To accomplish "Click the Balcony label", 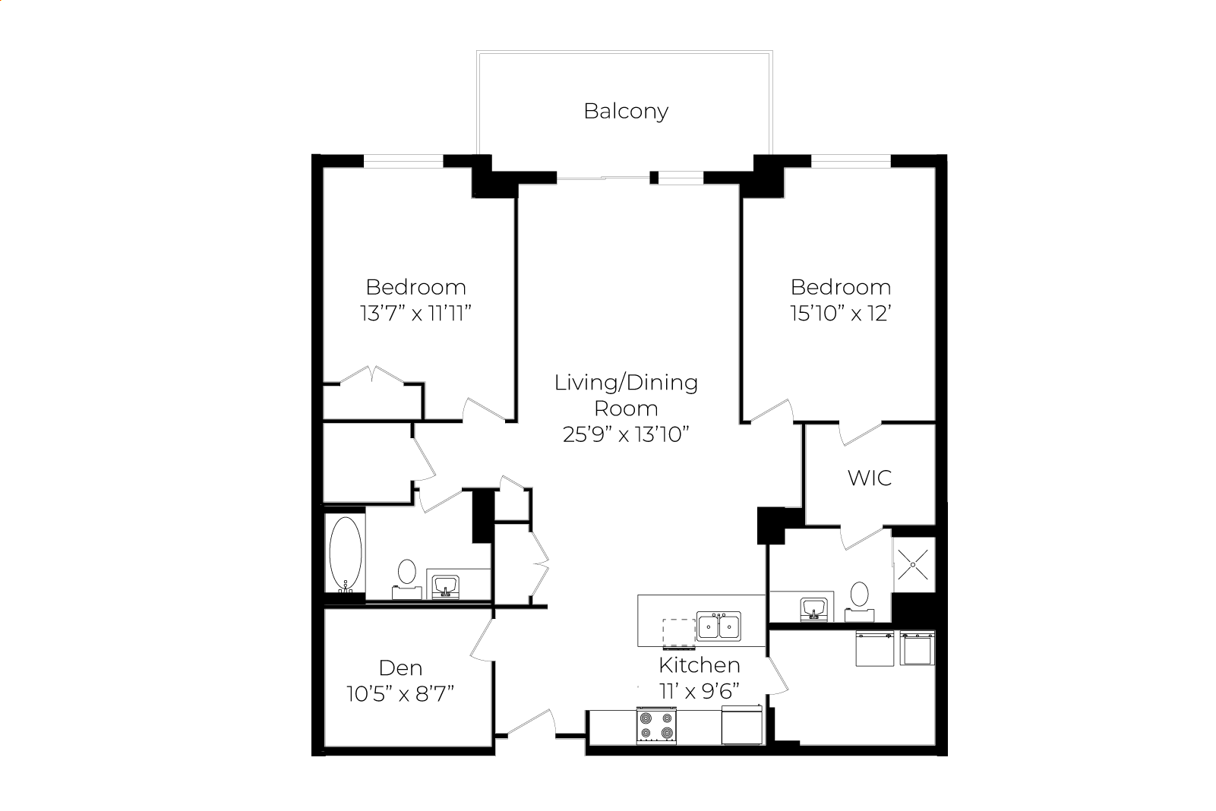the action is [626, 112].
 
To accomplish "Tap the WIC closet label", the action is [869, 478].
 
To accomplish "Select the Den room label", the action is [400, 667].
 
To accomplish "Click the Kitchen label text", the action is [700, 665].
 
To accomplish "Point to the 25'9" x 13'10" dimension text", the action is [626, 434].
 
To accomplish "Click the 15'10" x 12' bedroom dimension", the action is [840, 313].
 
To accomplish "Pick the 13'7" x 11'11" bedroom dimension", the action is [415, 313].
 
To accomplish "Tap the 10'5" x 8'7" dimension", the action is [400, 694].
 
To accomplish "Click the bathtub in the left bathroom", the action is [346, 554].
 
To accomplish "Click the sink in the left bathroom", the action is [446, 587].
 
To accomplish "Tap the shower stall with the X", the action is [914, 564].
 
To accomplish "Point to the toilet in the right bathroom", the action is [859, 601].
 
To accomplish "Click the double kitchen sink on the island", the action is [719, 626].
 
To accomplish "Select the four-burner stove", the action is [656, 725].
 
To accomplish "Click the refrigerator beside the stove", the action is [742, 724].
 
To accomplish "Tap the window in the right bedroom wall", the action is [851, 161].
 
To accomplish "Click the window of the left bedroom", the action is [403, 161].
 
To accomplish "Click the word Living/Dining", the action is [626, 383].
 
